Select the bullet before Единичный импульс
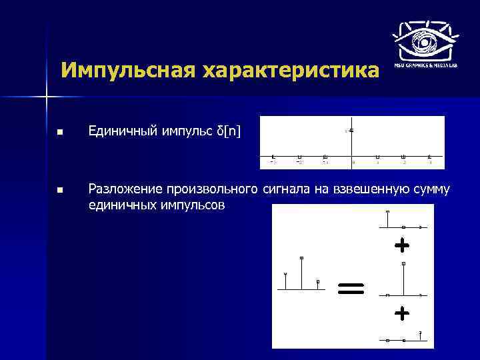[60, 133]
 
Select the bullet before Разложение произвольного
[60, 191]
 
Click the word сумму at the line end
[431, 191]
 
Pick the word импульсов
[194, 205]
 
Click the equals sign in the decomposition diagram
[351, 288]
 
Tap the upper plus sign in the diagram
[401, 246]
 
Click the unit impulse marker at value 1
[351, 130]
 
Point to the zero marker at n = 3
[430, 156]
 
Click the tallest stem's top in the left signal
[301, 258]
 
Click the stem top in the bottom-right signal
[420, 332]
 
